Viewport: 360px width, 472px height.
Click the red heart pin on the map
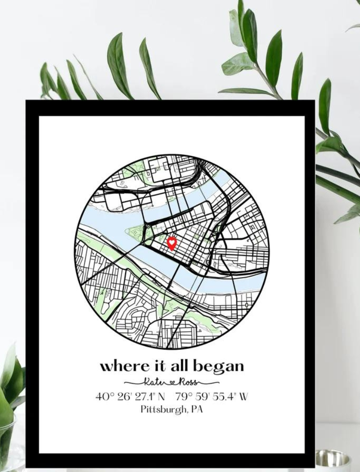(x=171, y=243)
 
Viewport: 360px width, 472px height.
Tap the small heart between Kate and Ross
(x=170, y=383)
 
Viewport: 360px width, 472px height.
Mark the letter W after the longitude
(x=243, y=396)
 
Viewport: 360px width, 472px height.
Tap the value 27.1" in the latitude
(x=144, y=396)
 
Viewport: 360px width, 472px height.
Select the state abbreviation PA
(x=197, y=409)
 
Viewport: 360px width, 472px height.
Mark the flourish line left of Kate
(x=133, y=383)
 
